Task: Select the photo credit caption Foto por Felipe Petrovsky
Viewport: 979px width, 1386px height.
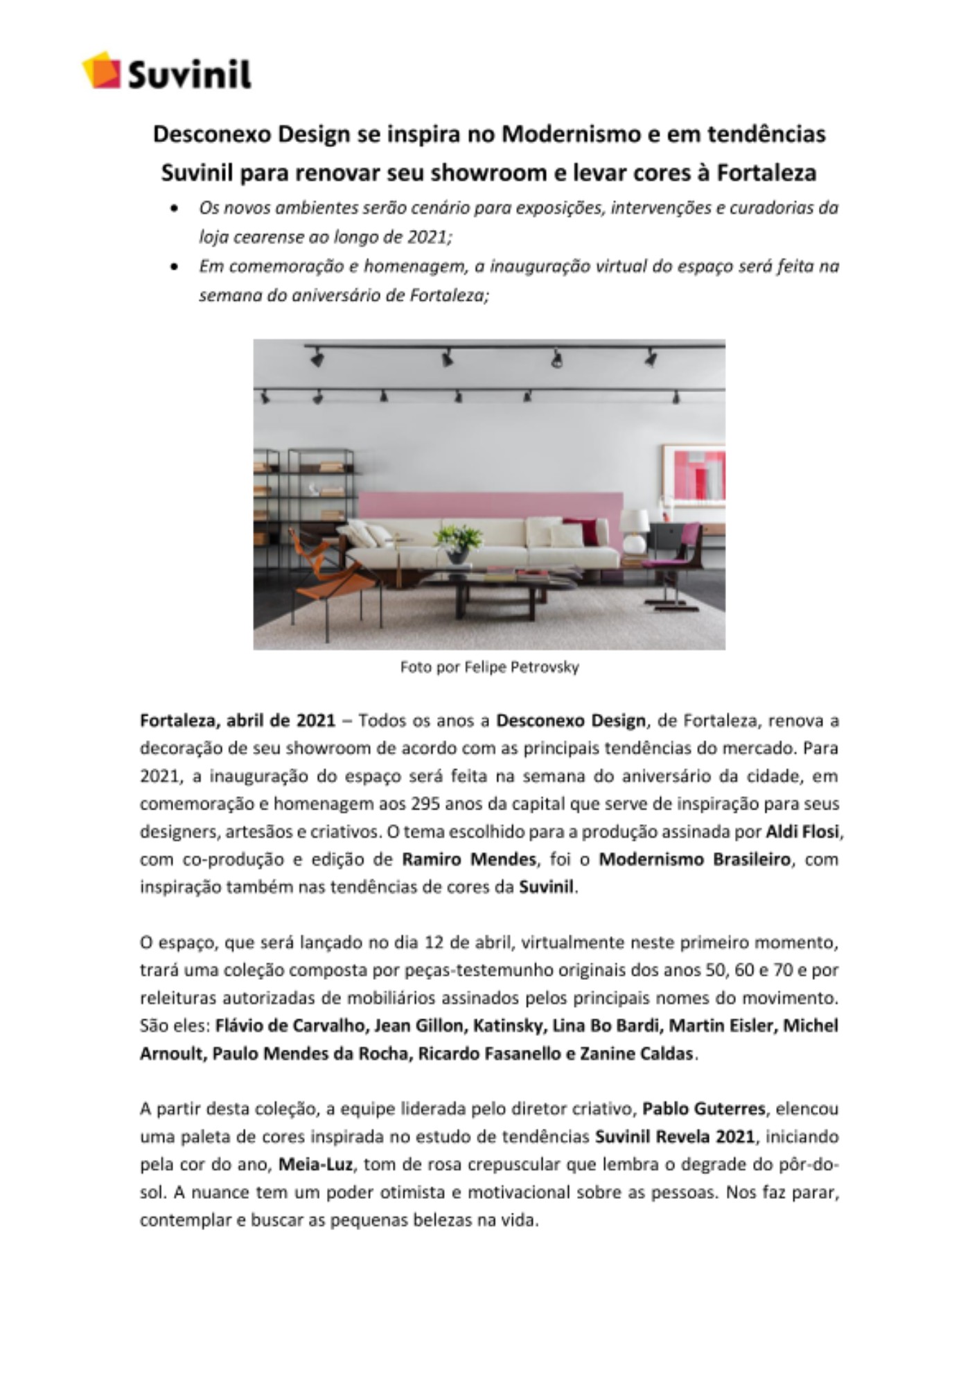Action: click(x=489, y=667)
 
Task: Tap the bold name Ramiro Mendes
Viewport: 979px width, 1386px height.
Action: click(x=469, y=859)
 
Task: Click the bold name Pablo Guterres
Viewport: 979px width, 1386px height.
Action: click(x=703, y=1109)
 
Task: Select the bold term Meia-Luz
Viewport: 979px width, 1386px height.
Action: click(x=315, y=1164)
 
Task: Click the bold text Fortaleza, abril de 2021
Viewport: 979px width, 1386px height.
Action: click(x=238, y=721)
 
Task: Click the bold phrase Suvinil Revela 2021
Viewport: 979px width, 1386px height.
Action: click(x=674, y=1137)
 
